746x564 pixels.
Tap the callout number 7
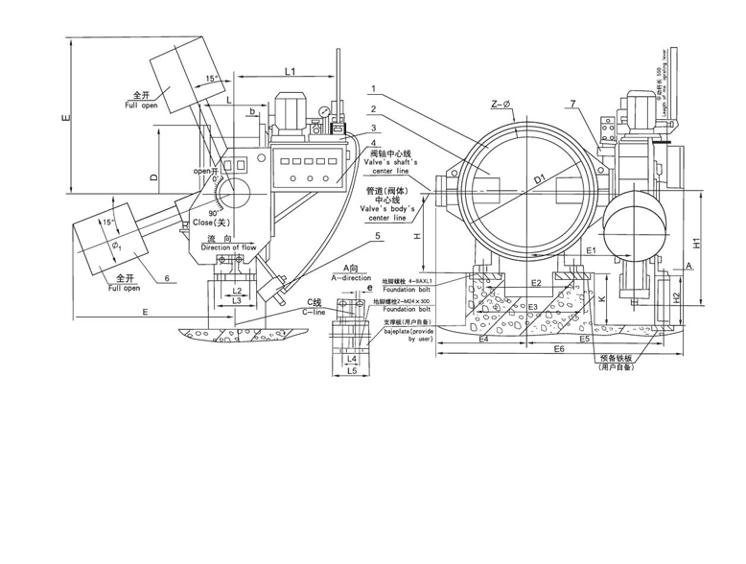click(571, 104)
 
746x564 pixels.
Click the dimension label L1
click(290, 72)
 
